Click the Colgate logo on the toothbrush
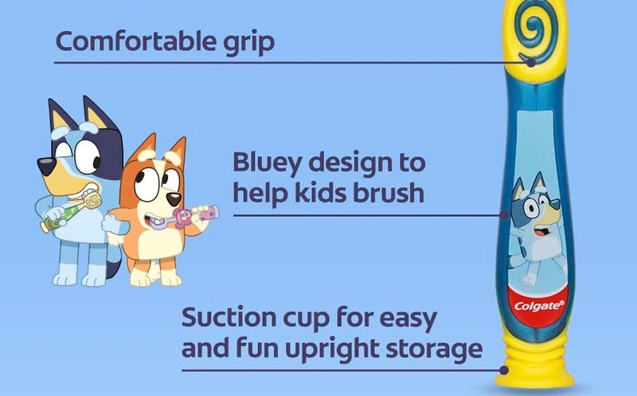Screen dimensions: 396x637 click(x=540, y=304)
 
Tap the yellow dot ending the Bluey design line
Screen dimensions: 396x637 click(x=503, y=214)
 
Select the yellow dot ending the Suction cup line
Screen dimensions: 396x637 click(x=504, y=370)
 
